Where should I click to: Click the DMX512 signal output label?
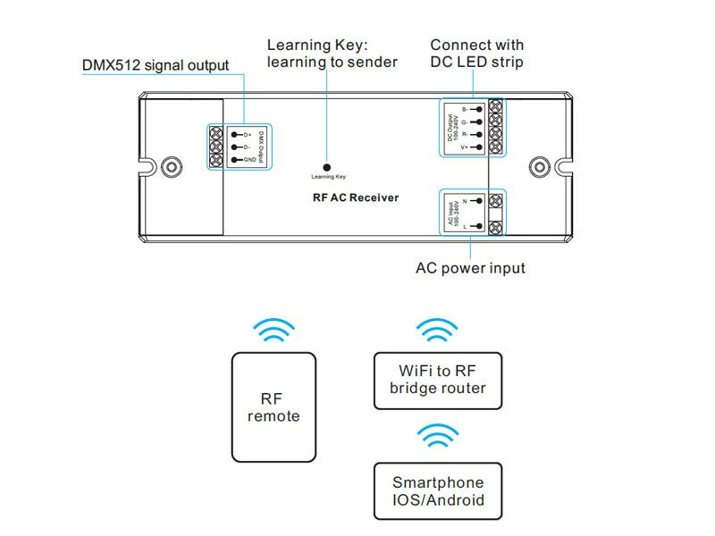coord(156,65)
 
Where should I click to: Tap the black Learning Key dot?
coord(328,166)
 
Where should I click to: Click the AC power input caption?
coord(470,268)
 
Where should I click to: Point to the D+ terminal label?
coord(247,134)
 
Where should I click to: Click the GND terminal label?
coord(248,160)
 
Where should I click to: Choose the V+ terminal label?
coord(465,147)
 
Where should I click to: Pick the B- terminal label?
coord(465,109)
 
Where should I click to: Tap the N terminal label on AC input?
coord(466,201)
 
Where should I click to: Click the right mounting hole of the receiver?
coord(539,165)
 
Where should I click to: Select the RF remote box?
coord(273,406)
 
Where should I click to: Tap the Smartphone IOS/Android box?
coord(437,490)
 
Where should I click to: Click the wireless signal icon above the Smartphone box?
coord(437,438)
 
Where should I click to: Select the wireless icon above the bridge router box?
coord(437,332)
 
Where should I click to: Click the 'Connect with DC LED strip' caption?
coord(476,54)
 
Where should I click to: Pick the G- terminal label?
coord(465,121)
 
